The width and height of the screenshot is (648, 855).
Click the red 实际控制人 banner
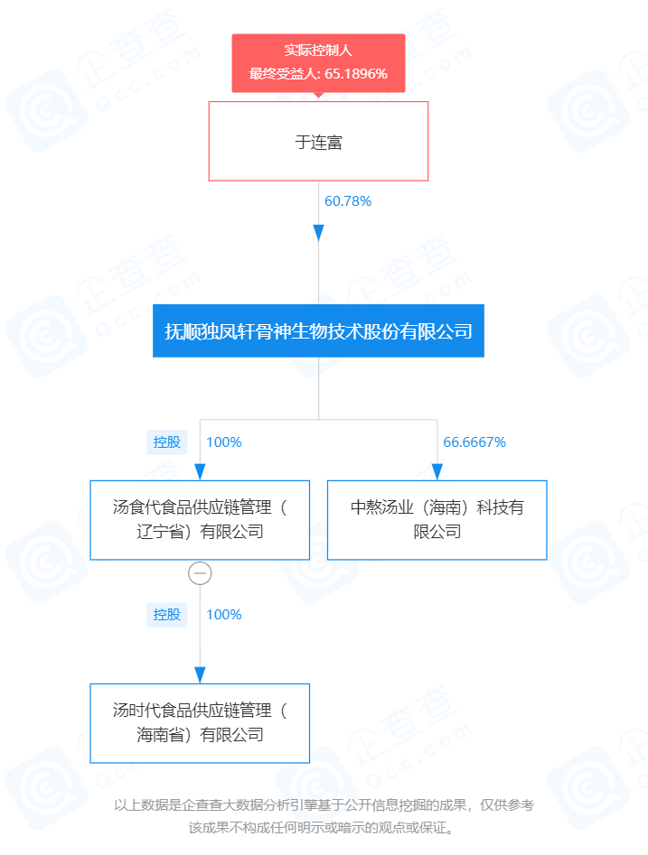click(318, 62)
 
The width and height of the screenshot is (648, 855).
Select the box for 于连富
click(318, 141)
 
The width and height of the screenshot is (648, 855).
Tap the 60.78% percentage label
click(348, 201)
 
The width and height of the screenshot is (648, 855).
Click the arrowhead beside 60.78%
click(319, 233)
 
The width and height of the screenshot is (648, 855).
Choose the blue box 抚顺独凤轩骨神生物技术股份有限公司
click(318, 331)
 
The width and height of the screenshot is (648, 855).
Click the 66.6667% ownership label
click(474, 442)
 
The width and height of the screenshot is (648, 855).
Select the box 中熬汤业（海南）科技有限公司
click(437, 520)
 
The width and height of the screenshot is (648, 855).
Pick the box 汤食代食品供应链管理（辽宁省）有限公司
click(200, 520)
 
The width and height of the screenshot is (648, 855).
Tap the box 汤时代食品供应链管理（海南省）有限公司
click(200, 723)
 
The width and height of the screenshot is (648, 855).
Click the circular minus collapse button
click(200, 573)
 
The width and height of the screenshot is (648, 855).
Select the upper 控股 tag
click(166, 442)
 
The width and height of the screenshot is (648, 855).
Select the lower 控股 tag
click(166, 615)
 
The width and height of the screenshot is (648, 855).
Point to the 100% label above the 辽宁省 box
click(224, 442)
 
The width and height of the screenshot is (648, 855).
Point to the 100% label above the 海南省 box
click(224, 615)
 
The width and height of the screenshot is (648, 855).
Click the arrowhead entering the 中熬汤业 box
click(437, 471)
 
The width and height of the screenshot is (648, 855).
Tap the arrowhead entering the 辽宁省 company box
click(200, 471)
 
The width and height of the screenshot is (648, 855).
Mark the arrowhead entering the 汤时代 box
click(200, 675)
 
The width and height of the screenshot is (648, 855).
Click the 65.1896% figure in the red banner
click(356, 74)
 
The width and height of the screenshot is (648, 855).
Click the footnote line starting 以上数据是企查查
click(324, 804)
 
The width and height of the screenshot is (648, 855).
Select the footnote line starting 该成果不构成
click(322, 828)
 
